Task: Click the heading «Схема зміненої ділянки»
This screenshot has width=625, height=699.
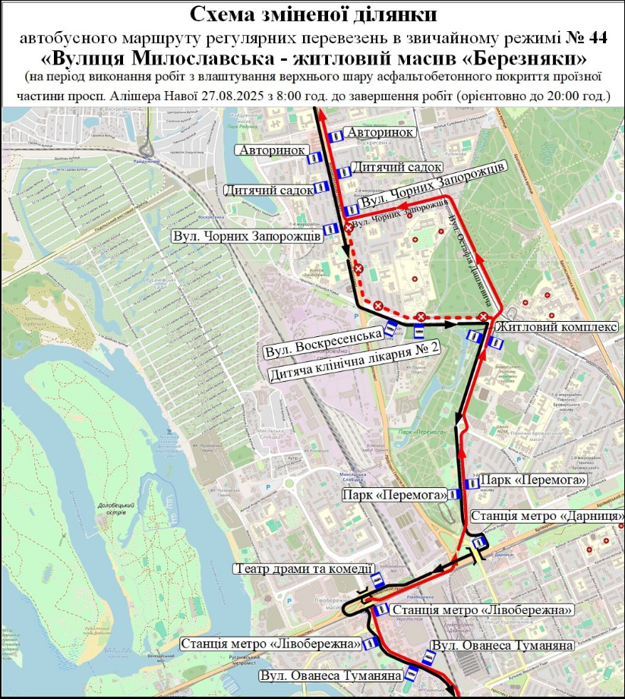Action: click(312, 14)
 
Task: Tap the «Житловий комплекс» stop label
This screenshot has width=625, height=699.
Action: click(557, 327)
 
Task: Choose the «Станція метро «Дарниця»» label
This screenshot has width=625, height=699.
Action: click(548, 517)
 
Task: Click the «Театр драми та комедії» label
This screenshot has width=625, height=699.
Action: click(304, 568)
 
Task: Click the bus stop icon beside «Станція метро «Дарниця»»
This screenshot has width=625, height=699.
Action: click(479, 542)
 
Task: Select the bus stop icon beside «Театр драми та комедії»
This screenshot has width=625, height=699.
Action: click(377, 581)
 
